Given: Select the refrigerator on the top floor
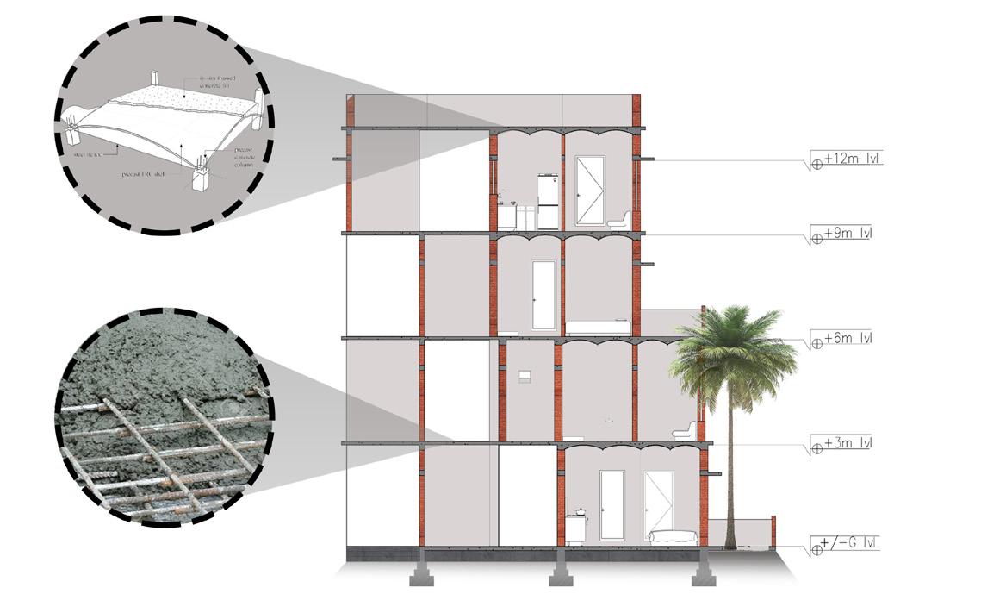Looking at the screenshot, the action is pos(549,201).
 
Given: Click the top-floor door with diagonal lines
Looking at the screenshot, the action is pos(590,190).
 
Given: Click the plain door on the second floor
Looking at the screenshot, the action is pos(543,294).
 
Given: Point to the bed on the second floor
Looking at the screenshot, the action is pos(597,327).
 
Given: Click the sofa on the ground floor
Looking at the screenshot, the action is pos(672,536).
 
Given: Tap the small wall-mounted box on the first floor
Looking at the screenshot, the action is pos(524,375).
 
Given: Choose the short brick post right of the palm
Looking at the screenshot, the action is pos(773,531).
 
